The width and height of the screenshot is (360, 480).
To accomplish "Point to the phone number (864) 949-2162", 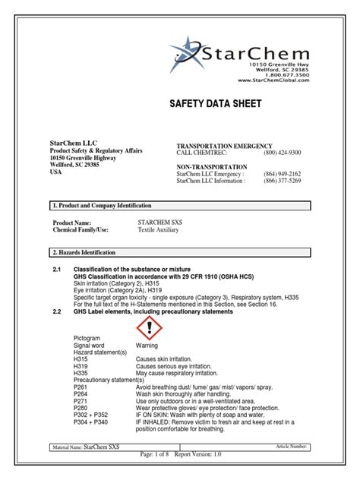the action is [283, 174].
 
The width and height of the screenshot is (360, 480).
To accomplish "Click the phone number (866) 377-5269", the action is [283, 181].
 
